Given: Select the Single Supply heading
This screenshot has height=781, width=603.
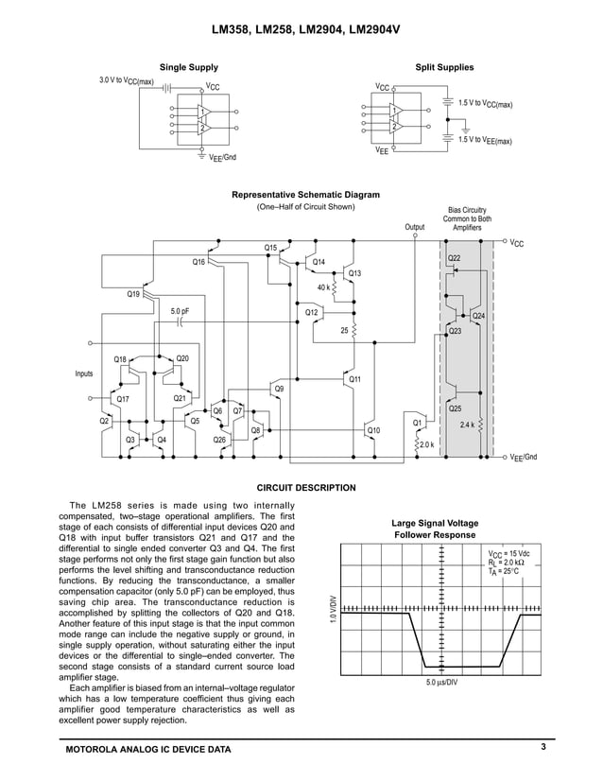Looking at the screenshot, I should click(x=188, y=67).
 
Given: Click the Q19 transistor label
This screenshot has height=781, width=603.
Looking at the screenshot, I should click(x=133, y=294).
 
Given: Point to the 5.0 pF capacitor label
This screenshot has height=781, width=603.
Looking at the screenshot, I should click(x=180, y=310).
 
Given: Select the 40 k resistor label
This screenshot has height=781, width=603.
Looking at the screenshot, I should click(x=323, y=286).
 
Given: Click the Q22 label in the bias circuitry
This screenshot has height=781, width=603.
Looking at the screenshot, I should click(x=454, y=257).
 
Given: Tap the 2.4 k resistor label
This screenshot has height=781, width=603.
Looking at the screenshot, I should click(x=466, y=425).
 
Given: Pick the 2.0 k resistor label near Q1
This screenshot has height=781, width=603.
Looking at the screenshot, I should click(x=426, y=443).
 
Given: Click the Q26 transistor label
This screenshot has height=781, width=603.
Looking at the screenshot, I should click(x=219, y=440).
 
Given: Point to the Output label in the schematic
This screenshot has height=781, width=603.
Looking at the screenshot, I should click(x=415, y=227).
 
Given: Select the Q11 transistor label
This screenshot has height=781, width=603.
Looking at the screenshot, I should click(x=355, y=379).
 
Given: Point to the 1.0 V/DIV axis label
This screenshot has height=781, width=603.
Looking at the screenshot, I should click(x=332, y=608).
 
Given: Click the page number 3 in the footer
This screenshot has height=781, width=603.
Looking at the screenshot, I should click(x=543, y=748).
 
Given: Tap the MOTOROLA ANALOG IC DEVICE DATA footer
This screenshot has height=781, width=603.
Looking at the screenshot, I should click(x=146, y=750).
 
